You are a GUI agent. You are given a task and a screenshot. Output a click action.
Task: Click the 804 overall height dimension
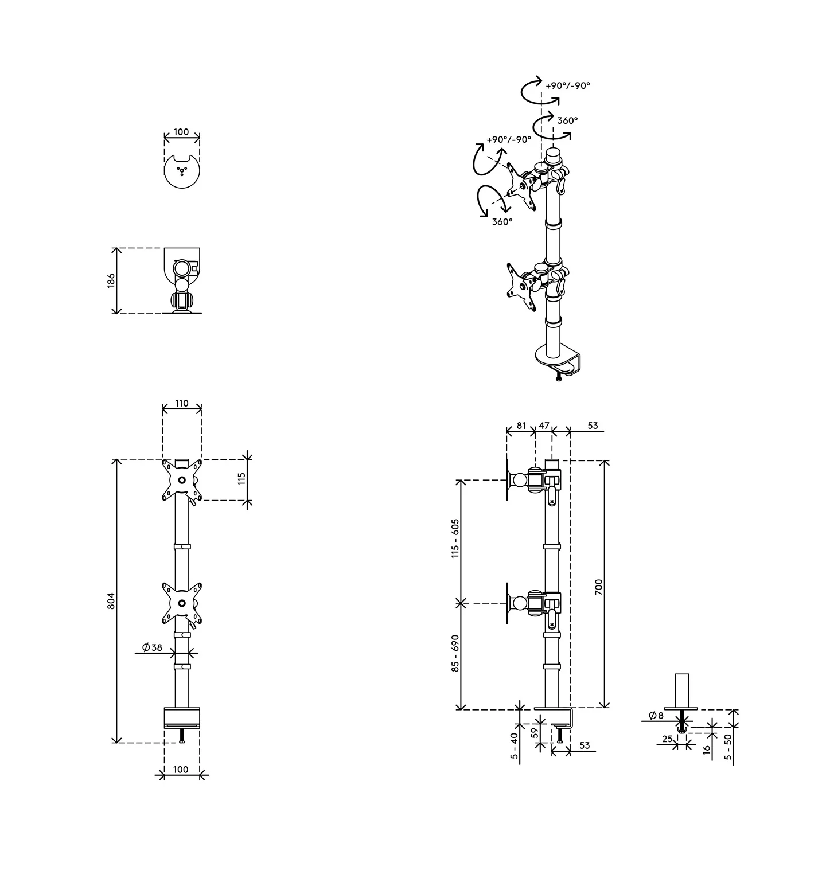[112, 600]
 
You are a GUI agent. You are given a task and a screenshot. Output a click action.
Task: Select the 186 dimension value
[111, 280]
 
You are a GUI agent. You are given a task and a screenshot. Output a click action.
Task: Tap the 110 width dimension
[181, 403]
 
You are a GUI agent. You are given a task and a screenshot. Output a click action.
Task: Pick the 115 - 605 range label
[455, 538]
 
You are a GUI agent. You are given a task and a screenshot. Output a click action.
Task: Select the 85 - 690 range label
[455, 653]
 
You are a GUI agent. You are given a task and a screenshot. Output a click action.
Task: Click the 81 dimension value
[521, 426]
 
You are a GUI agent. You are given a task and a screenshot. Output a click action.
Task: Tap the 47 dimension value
[544, 426]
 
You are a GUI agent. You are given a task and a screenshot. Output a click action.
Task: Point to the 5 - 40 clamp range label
[514, 746]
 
